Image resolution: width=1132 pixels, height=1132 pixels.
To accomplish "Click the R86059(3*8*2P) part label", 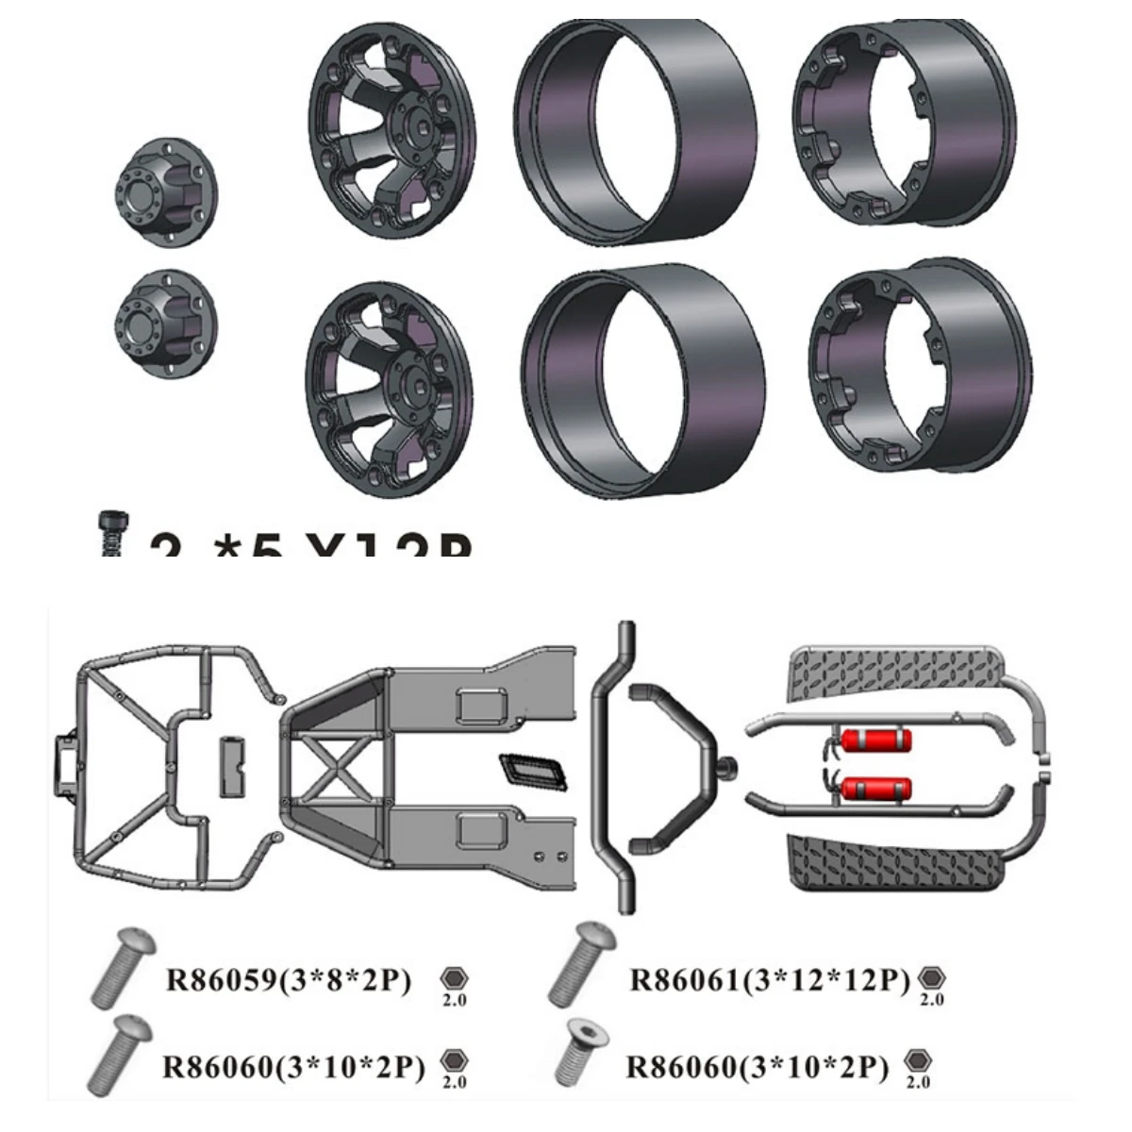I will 289,980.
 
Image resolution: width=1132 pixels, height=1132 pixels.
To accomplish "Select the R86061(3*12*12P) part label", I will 770,980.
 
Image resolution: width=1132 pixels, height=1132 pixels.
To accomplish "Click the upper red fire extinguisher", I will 876,741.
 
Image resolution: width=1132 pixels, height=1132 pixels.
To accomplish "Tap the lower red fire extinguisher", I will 876,788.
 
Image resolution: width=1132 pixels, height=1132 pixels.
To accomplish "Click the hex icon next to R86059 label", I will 454,979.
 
